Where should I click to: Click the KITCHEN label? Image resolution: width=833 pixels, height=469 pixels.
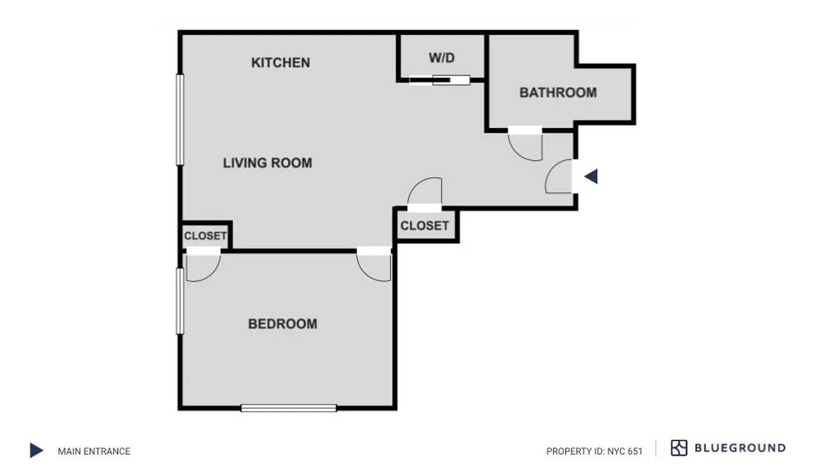tap(281, 63)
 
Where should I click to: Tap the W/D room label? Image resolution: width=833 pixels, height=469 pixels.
tap(442, 58)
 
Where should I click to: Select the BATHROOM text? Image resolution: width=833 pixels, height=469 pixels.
tap(558, 93)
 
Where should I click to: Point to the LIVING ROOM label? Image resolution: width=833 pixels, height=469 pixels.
tap(267, 163)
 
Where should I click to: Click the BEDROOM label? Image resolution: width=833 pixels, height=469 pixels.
tap(282, 324)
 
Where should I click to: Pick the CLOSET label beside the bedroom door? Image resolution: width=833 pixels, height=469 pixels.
tap(205, 236)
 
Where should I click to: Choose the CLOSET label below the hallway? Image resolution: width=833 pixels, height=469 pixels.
tap(425, 226)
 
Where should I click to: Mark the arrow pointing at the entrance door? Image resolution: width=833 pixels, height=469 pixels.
tap(591, 176)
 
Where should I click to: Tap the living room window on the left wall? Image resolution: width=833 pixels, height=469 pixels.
tap(180, 120)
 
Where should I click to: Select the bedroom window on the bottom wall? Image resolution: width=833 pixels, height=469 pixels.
tap(289, 408)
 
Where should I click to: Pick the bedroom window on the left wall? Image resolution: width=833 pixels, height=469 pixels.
tap(180, 301)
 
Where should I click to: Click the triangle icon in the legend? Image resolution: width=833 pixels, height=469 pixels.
tap(36, 451)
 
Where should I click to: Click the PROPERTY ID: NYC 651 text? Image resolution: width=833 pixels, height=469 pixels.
tap(594, 451)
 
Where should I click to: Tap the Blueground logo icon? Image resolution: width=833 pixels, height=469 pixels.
tap(679, 448)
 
